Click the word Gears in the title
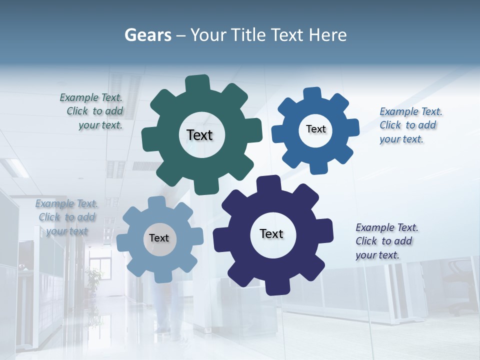tap(147, 35)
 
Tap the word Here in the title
tap(327, 35)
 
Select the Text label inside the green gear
tap(199, 135)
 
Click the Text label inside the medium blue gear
tap(315, 129)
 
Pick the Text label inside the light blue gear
tap(159, 238)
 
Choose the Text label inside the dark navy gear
tap(271, 233)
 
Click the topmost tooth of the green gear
tap(198, 83)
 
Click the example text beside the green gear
tap(92, 111)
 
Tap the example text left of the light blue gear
tap(67, 217)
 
